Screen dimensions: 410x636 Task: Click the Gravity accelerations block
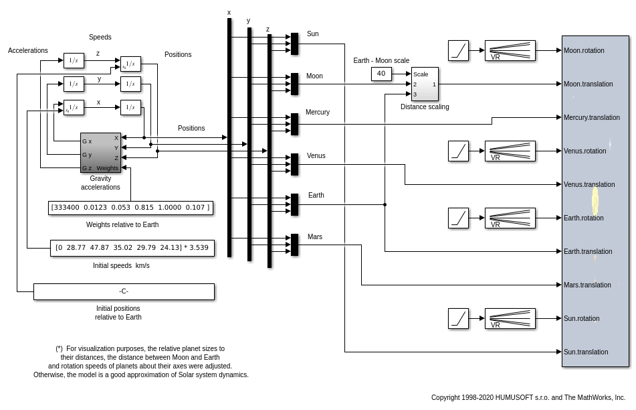click(x=100, y=152)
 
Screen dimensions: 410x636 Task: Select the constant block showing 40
click(x=381, y=74)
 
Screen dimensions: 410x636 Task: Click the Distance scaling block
click(x=425, y=84)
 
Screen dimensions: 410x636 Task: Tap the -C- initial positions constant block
click(x=124, y=291)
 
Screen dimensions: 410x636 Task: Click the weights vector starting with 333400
click(x=130, y=208)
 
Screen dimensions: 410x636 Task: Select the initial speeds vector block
click(x=132, y=248)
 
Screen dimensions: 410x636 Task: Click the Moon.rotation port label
click(x=584, y=50)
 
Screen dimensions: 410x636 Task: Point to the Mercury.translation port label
click(x=592, y=117)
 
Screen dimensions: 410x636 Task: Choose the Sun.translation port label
click(x=586, y=352)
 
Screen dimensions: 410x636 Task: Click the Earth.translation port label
click(x=588, y=251)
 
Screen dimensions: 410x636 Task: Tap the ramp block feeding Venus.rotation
click(x=458, y=151)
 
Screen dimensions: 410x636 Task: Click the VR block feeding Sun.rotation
click(x=510, y=318)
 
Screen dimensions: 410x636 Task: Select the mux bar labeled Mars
click(x=294, y=245)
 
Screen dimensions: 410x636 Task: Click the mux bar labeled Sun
click(x=294, y=44)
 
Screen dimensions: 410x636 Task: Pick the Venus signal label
click(x=316, y=155)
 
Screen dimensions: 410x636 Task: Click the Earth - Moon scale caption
click(x=381, y=60)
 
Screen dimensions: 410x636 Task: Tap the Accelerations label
click(x=28, y=50)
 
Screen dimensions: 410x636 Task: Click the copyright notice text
click(x=528, y=397)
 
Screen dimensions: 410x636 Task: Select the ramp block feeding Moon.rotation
click(x=458, y=50)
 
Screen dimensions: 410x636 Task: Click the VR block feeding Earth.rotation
click(x=510, y=218)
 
